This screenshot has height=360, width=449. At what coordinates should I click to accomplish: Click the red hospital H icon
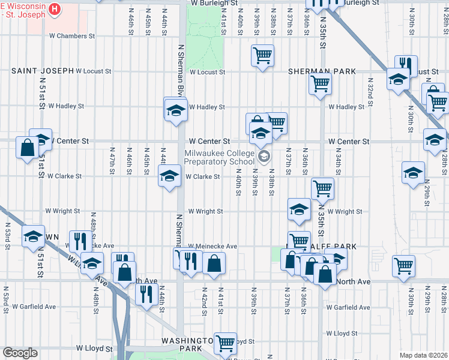[55, 9]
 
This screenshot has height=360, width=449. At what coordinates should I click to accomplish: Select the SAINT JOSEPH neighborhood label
[41, 71]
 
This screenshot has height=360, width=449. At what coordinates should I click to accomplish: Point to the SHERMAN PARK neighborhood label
[321, 71]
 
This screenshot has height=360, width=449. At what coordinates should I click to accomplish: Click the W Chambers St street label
[72, 36]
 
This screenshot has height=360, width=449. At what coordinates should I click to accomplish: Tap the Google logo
[20, 353]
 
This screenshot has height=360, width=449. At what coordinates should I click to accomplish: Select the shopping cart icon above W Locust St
[263, 56]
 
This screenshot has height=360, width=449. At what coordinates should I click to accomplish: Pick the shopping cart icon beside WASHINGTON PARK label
[226, 343]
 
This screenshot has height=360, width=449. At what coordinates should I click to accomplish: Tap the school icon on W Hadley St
[175, 110]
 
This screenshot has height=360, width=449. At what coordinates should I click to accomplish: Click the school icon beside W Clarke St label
[169, 176]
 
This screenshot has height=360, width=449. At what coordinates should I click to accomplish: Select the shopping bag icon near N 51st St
[28, 147]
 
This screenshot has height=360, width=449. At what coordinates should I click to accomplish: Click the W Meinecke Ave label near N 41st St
[212, 246]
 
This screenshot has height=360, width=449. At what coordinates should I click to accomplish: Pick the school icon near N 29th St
[413, 172]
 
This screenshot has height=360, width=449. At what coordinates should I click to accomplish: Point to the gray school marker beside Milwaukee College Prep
[264, 157]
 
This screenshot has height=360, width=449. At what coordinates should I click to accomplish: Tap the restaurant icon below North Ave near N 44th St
[146, 294]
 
